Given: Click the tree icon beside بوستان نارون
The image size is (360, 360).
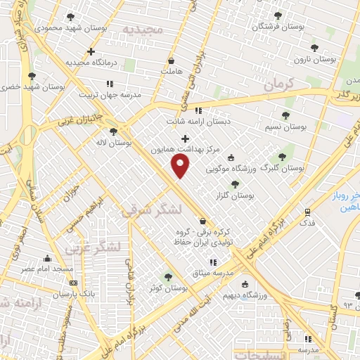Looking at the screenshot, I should point(314,48).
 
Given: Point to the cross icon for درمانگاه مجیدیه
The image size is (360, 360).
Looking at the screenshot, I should point(91,51).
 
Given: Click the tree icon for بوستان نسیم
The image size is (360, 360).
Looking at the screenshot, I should point(285,115).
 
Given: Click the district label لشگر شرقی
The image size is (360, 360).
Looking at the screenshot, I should point(151,210).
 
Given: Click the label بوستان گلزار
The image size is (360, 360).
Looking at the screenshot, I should point(256,195).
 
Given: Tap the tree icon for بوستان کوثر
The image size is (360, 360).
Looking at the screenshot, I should point(167,277).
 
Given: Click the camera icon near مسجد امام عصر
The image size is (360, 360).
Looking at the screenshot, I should point(47,258).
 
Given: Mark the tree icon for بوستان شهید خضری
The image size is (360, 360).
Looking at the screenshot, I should point(31,76).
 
